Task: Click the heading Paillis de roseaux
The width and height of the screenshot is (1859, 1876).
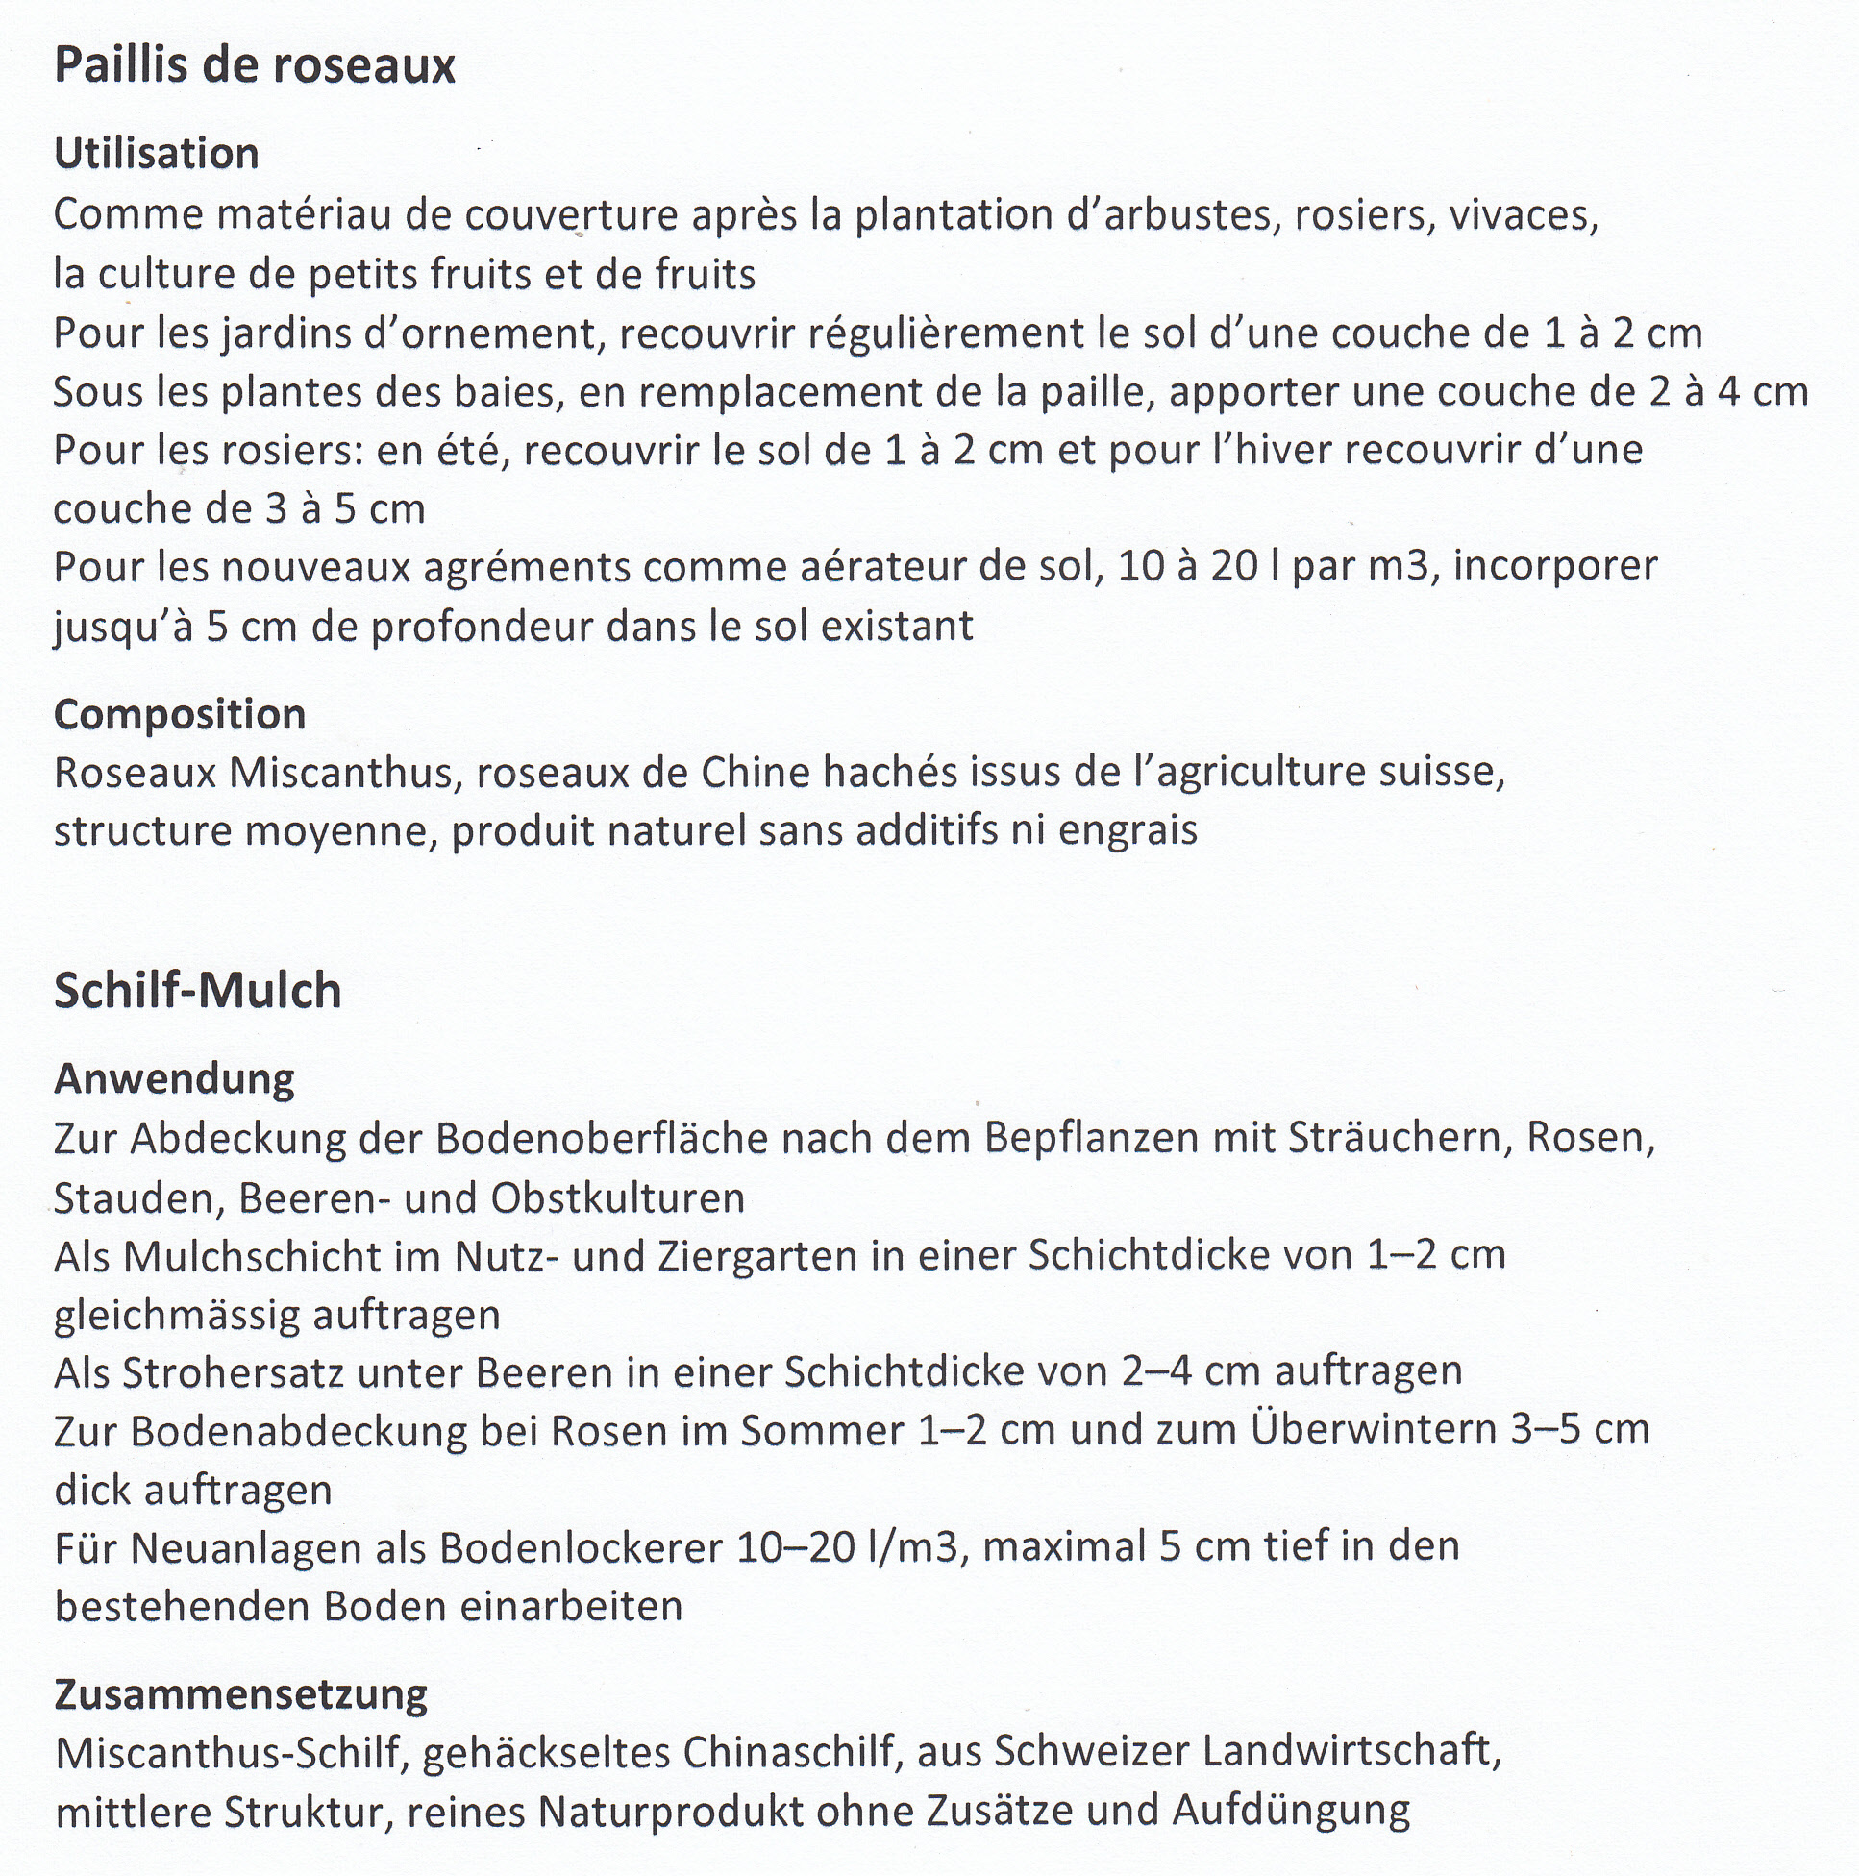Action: tap(255, 66)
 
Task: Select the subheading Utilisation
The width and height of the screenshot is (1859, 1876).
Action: tap(157, 154)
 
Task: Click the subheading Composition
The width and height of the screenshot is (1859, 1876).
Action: tap(180, 715)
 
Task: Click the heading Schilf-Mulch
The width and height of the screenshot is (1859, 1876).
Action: tap(197, 992)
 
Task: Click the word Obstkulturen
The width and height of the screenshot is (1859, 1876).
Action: tap(617, 1198)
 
